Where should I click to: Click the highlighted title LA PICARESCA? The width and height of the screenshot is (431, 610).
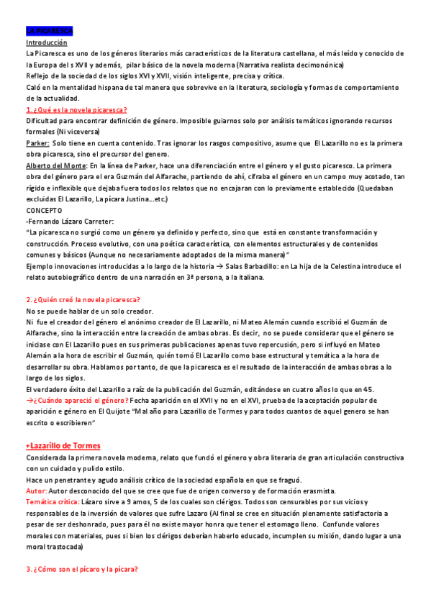tap(49, 32)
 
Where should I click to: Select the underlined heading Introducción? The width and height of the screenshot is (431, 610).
tap(47, 43)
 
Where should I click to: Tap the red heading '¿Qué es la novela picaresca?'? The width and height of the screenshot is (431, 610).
tap(77, 109)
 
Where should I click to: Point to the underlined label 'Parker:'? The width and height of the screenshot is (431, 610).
tap(37, 143)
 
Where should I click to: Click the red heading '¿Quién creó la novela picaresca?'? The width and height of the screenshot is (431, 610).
tap(83, 299)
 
